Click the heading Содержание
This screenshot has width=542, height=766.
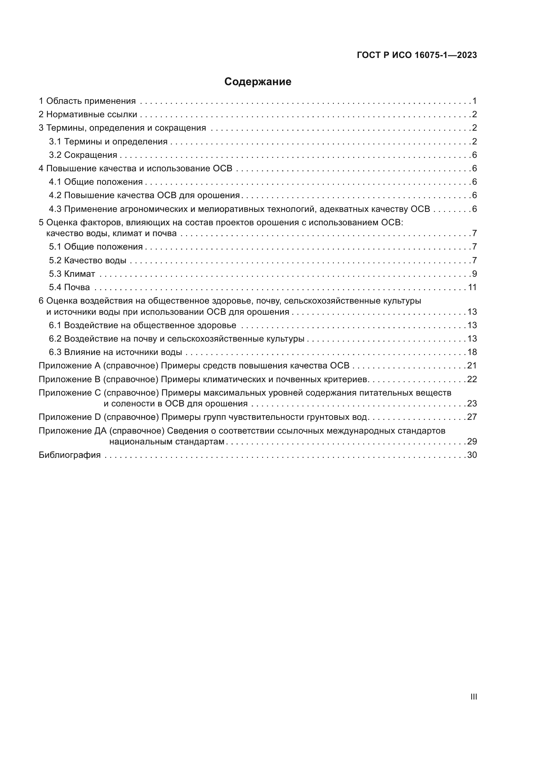257,82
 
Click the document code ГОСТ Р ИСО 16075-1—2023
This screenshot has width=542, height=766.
416,55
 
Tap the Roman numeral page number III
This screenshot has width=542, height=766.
473,697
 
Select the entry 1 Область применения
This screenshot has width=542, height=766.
87,101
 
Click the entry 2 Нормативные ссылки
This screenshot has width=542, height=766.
88,114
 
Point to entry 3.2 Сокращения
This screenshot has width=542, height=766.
83,155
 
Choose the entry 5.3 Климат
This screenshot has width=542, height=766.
72,274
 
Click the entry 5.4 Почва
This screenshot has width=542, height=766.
69,287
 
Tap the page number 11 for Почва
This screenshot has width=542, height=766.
472,287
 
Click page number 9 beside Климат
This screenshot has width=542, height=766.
474,274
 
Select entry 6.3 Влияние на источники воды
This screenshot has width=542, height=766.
115,352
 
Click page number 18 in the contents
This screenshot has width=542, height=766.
472,352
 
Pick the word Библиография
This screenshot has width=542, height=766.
69,455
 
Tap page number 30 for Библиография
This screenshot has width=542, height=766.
472,455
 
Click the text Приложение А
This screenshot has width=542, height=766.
69,366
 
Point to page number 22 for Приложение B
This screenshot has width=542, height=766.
472,379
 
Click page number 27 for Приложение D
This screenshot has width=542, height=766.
472,417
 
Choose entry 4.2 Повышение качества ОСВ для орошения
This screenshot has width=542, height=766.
144,196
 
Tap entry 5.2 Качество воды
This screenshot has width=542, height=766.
87,260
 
